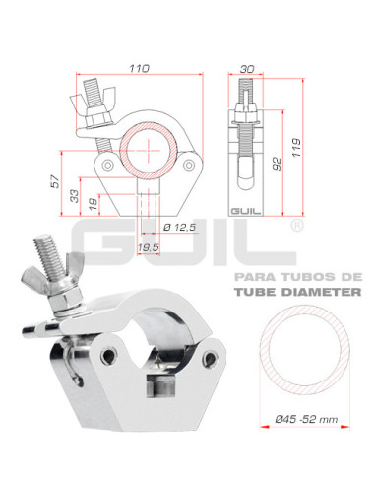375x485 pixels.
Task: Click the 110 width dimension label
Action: [139, 68]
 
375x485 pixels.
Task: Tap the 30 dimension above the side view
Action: [247, 69]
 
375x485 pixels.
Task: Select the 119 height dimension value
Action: [296, 148]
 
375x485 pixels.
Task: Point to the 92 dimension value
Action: [278, 164]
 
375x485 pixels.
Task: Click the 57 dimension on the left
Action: [56, 181]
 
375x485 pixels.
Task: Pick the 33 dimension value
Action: [75, 196]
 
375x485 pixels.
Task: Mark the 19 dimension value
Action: [94, 204]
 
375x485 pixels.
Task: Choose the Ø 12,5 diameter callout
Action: [179, 227]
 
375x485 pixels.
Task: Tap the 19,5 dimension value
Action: [149, 248]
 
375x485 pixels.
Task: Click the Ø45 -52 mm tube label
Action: [306, 419]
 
